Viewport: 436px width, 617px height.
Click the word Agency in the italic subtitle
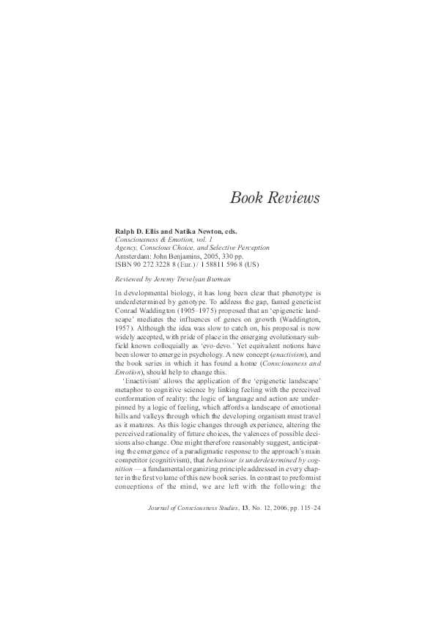pyautogui.click(x=128, y=248)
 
